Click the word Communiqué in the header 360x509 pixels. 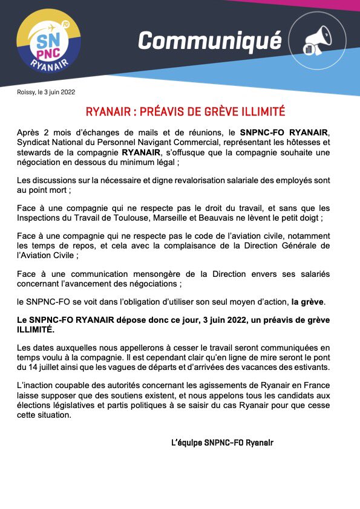[x=209, y=41]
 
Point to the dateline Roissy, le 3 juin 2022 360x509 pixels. [x=47, y=92]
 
